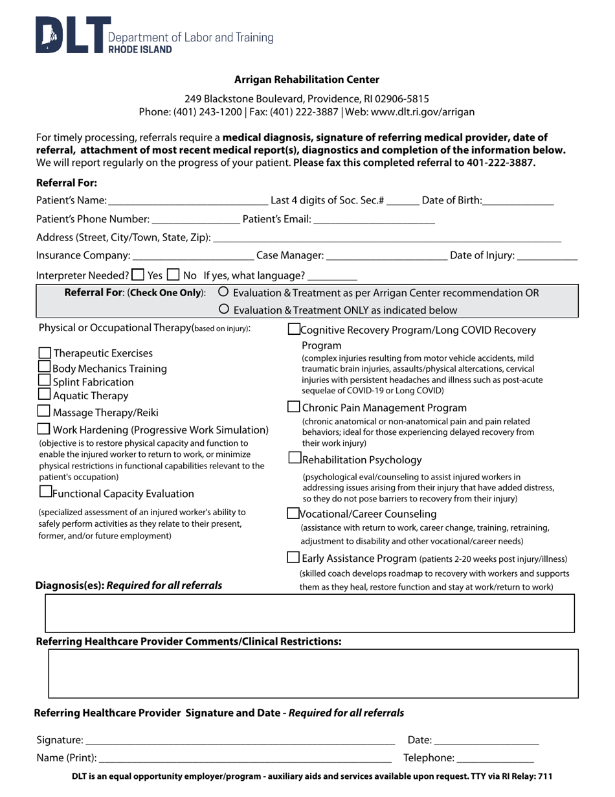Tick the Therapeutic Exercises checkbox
point(45,353)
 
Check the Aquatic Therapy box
point(45,394)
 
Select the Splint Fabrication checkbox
point(45,380)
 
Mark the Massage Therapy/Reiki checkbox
point(44,411)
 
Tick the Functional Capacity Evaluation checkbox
point(45,491)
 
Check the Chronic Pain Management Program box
point(293,407)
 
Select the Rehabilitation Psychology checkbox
point(294,458)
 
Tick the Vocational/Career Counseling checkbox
point(293,513)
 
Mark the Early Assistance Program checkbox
point(293,557)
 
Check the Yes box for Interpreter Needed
point(138,274)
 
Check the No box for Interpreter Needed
point(173,274)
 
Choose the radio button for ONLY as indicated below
point(224,309)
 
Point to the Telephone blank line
point(496,758)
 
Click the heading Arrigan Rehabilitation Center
point(307,80)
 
